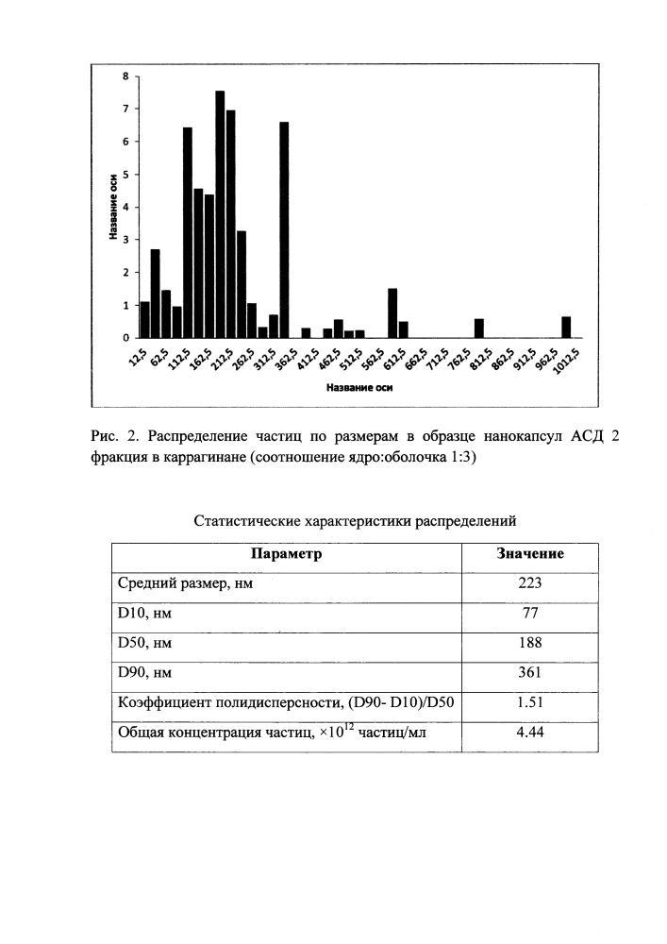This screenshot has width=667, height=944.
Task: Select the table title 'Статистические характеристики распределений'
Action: [x=356, y=520]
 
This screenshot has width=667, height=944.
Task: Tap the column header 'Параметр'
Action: [x=286, y=554]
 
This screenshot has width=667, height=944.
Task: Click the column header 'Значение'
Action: [x=530, y=554]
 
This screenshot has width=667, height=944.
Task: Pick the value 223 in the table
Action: [x=530, y=583]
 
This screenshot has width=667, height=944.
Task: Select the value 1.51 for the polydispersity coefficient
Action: [x=530, y=702]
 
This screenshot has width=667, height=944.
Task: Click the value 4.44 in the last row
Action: [x=530, y=733]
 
